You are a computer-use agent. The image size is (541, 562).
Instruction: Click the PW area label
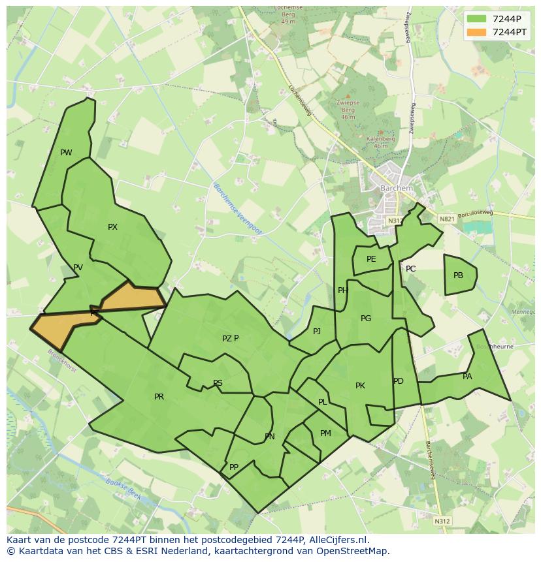click(x=66, y=153)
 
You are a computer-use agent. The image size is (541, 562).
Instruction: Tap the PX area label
click(x=112, y=227)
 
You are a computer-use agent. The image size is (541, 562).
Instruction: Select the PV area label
click(x=78, y=268)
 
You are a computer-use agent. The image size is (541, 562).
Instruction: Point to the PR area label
click(x=159, y=397)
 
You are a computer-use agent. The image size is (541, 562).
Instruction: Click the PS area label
click(x=218, y=383)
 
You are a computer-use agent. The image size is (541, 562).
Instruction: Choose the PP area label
click(x=233, y=467)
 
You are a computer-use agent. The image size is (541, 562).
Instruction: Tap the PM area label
click(x=325, y=433)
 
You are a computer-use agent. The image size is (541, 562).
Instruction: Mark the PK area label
click(x=360, y=386)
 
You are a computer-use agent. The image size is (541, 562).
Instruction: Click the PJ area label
click(x=317, y=332)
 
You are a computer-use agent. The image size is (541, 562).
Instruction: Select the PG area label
click(x=366, y=319)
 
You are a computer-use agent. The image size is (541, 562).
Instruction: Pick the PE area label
click(x=371, y=259)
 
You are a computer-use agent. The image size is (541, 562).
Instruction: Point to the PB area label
click(x=458, y=275)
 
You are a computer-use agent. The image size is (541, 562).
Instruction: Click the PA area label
click(x=467, y=377)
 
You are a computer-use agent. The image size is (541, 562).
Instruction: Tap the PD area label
click(x=399, y=381)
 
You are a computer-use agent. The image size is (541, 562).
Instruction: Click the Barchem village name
click(x=397, y=189)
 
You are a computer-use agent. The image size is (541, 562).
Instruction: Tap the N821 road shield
click(x=446, y=219)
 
